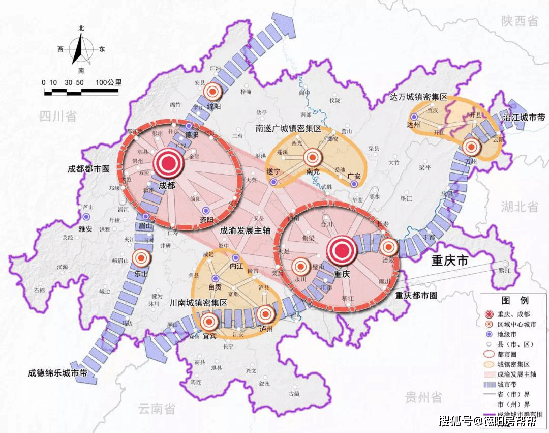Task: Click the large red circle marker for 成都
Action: pyautogui.click(x=168, y=163)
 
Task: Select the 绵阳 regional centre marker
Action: pyautogui.click(x=212, y=92)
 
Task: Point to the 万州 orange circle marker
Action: pyautogui.click(x=471, y=147)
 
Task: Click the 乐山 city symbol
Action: pyautogui.click(x=141, y=258)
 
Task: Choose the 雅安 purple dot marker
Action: pyautogui.click(x=84, y=217)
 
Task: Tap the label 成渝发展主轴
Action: pyautogui.click(x=245, y=230)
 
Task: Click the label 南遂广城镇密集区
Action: pyautogui.click(x=288, y=129)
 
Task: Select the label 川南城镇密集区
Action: pyautogui.click(x=199, y=302)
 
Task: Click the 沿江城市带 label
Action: pyautogui.click(x=524, y=118)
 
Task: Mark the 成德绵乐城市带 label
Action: pyautogui.click(x=57, y=373)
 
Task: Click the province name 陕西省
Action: pyautogui.click(x=519, y=21)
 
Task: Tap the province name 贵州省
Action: pyautogui.click(x=423, y=397)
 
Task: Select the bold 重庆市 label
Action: pyautogui.click(x=450, y=261)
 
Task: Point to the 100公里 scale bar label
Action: pyautogui.click(x=108, y=82)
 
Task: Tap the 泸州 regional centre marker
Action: pyautogui.click(x=265, y=316)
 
